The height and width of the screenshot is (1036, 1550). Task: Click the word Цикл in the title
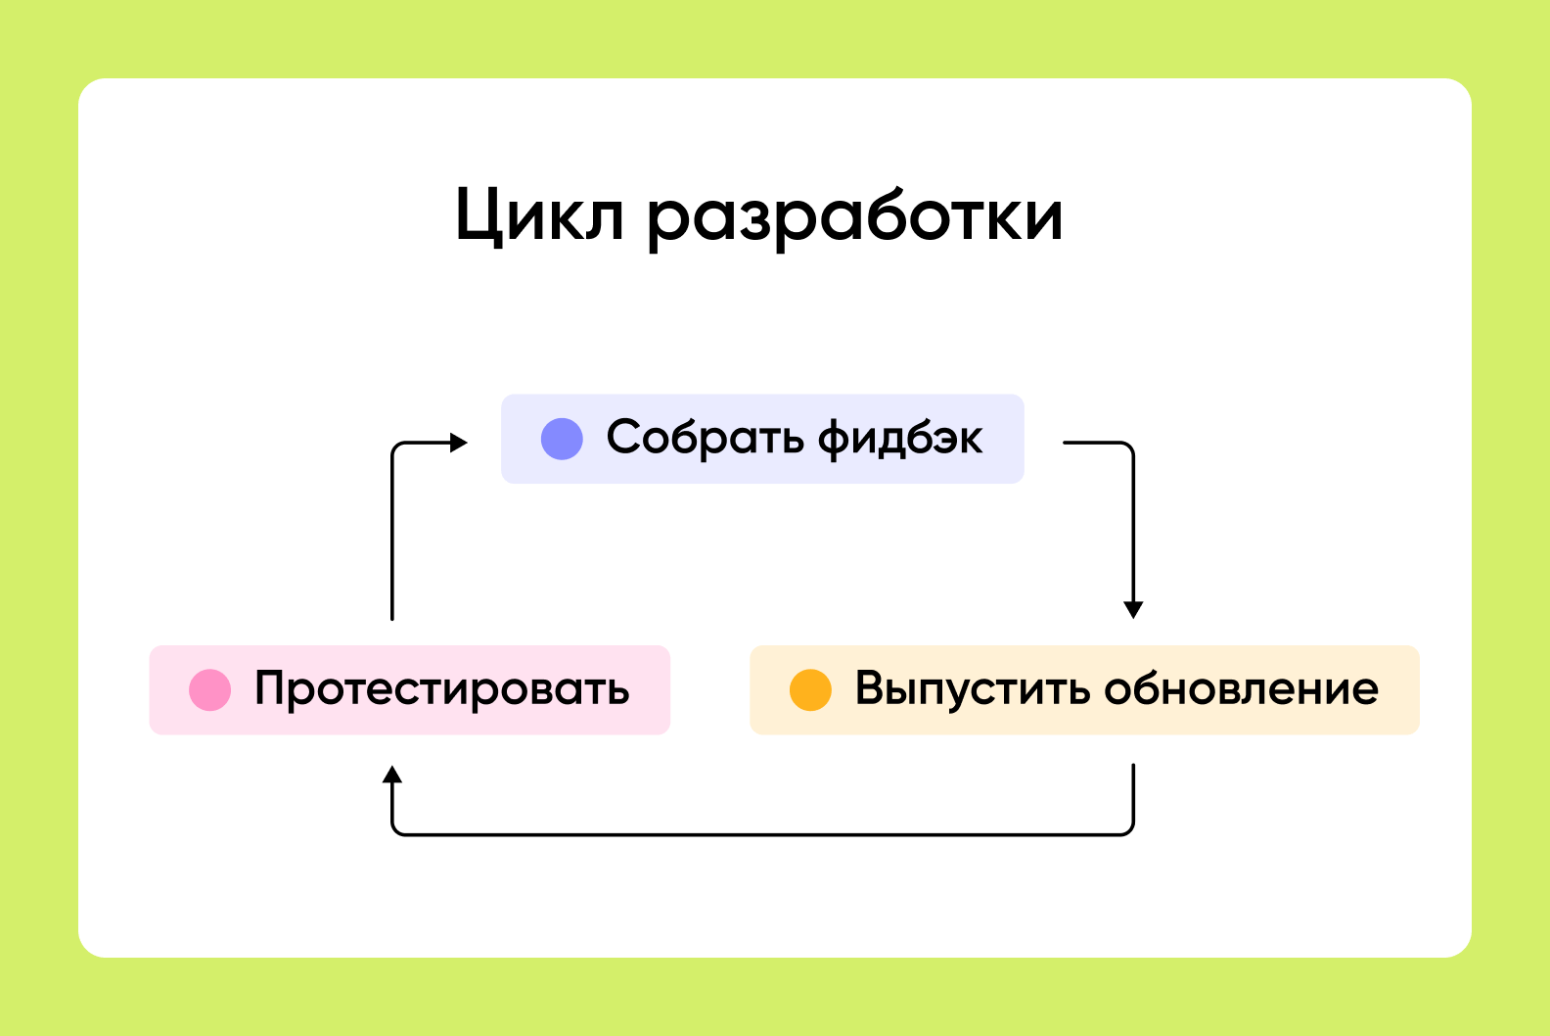[540, 216]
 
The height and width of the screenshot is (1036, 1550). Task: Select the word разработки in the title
[854, 218]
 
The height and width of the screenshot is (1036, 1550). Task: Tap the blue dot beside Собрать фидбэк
[562, 439]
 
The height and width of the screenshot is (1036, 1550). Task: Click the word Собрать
[706, 439]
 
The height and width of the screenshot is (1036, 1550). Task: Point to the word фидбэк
[900, 439]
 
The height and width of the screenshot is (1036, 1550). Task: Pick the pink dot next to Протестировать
[209, 689]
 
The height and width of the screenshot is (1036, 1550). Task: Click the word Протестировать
[442, 689]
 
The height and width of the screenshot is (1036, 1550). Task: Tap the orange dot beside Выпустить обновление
[810, 689]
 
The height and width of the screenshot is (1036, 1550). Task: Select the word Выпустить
[973, 689]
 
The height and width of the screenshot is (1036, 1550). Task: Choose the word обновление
[1242, 688]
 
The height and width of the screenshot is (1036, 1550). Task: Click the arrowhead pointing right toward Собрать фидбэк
[458, 443]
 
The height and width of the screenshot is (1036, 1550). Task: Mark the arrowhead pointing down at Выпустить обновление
[1133, 610]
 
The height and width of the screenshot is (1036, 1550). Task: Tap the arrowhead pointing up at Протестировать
[392, 775]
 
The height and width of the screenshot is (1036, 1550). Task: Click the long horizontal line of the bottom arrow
[762, 834]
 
